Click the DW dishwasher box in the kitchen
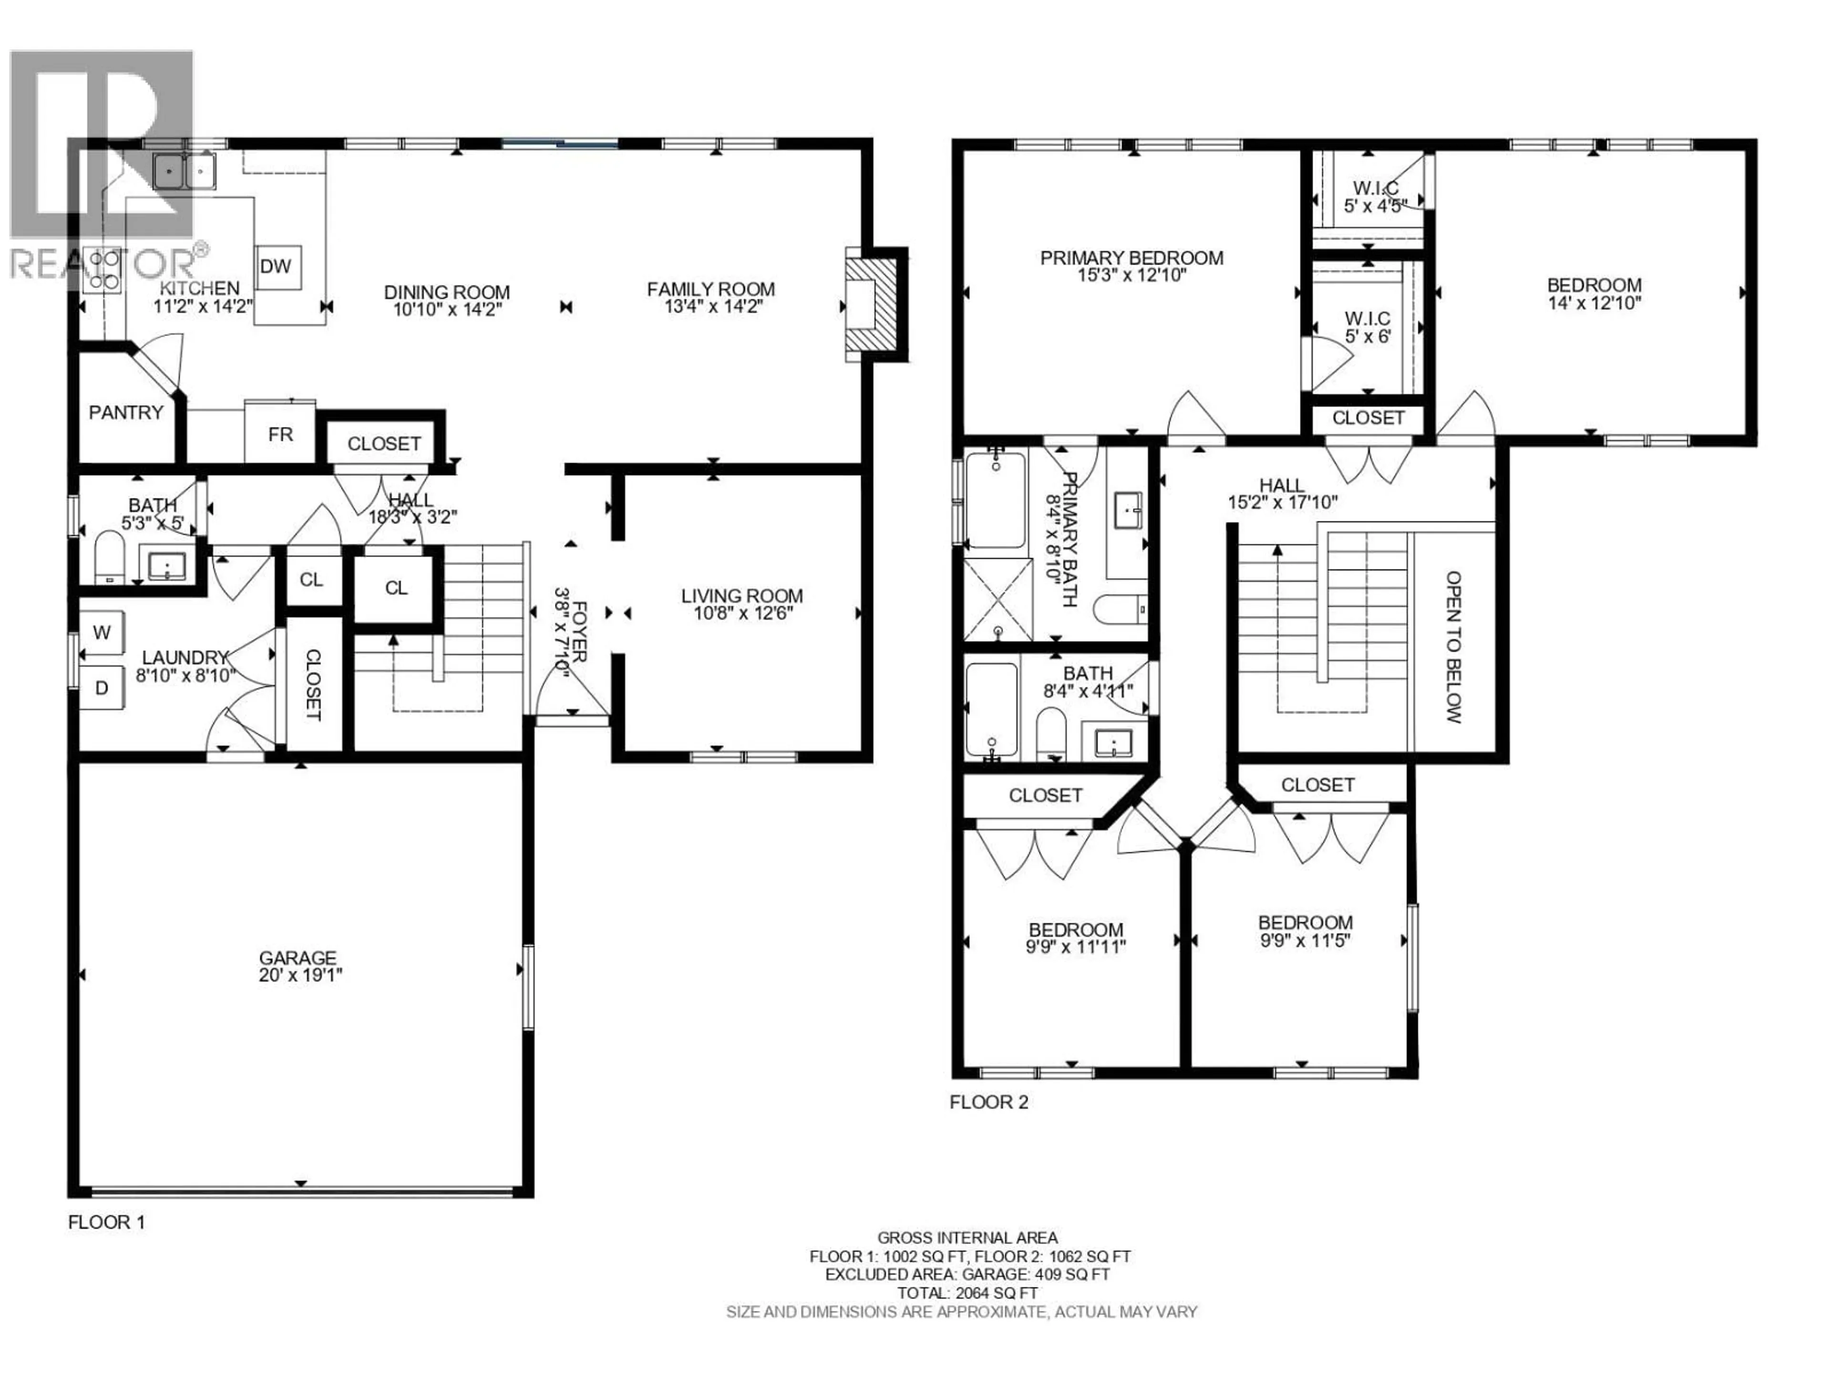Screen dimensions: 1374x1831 pos(277,267)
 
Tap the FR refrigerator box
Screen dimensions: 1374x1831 pos(280,435)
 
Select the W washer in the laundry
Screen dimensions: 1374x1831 pos(102,633)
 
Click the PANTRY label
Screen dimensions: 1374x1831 pos(126,413)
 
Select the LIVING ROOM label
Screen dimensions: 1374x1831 pos(741,595)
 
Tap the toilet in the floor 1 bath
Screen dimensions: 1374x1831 pos(108,557)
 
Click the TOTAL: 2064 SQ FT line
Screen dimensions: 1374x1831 pos(967,1293)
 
